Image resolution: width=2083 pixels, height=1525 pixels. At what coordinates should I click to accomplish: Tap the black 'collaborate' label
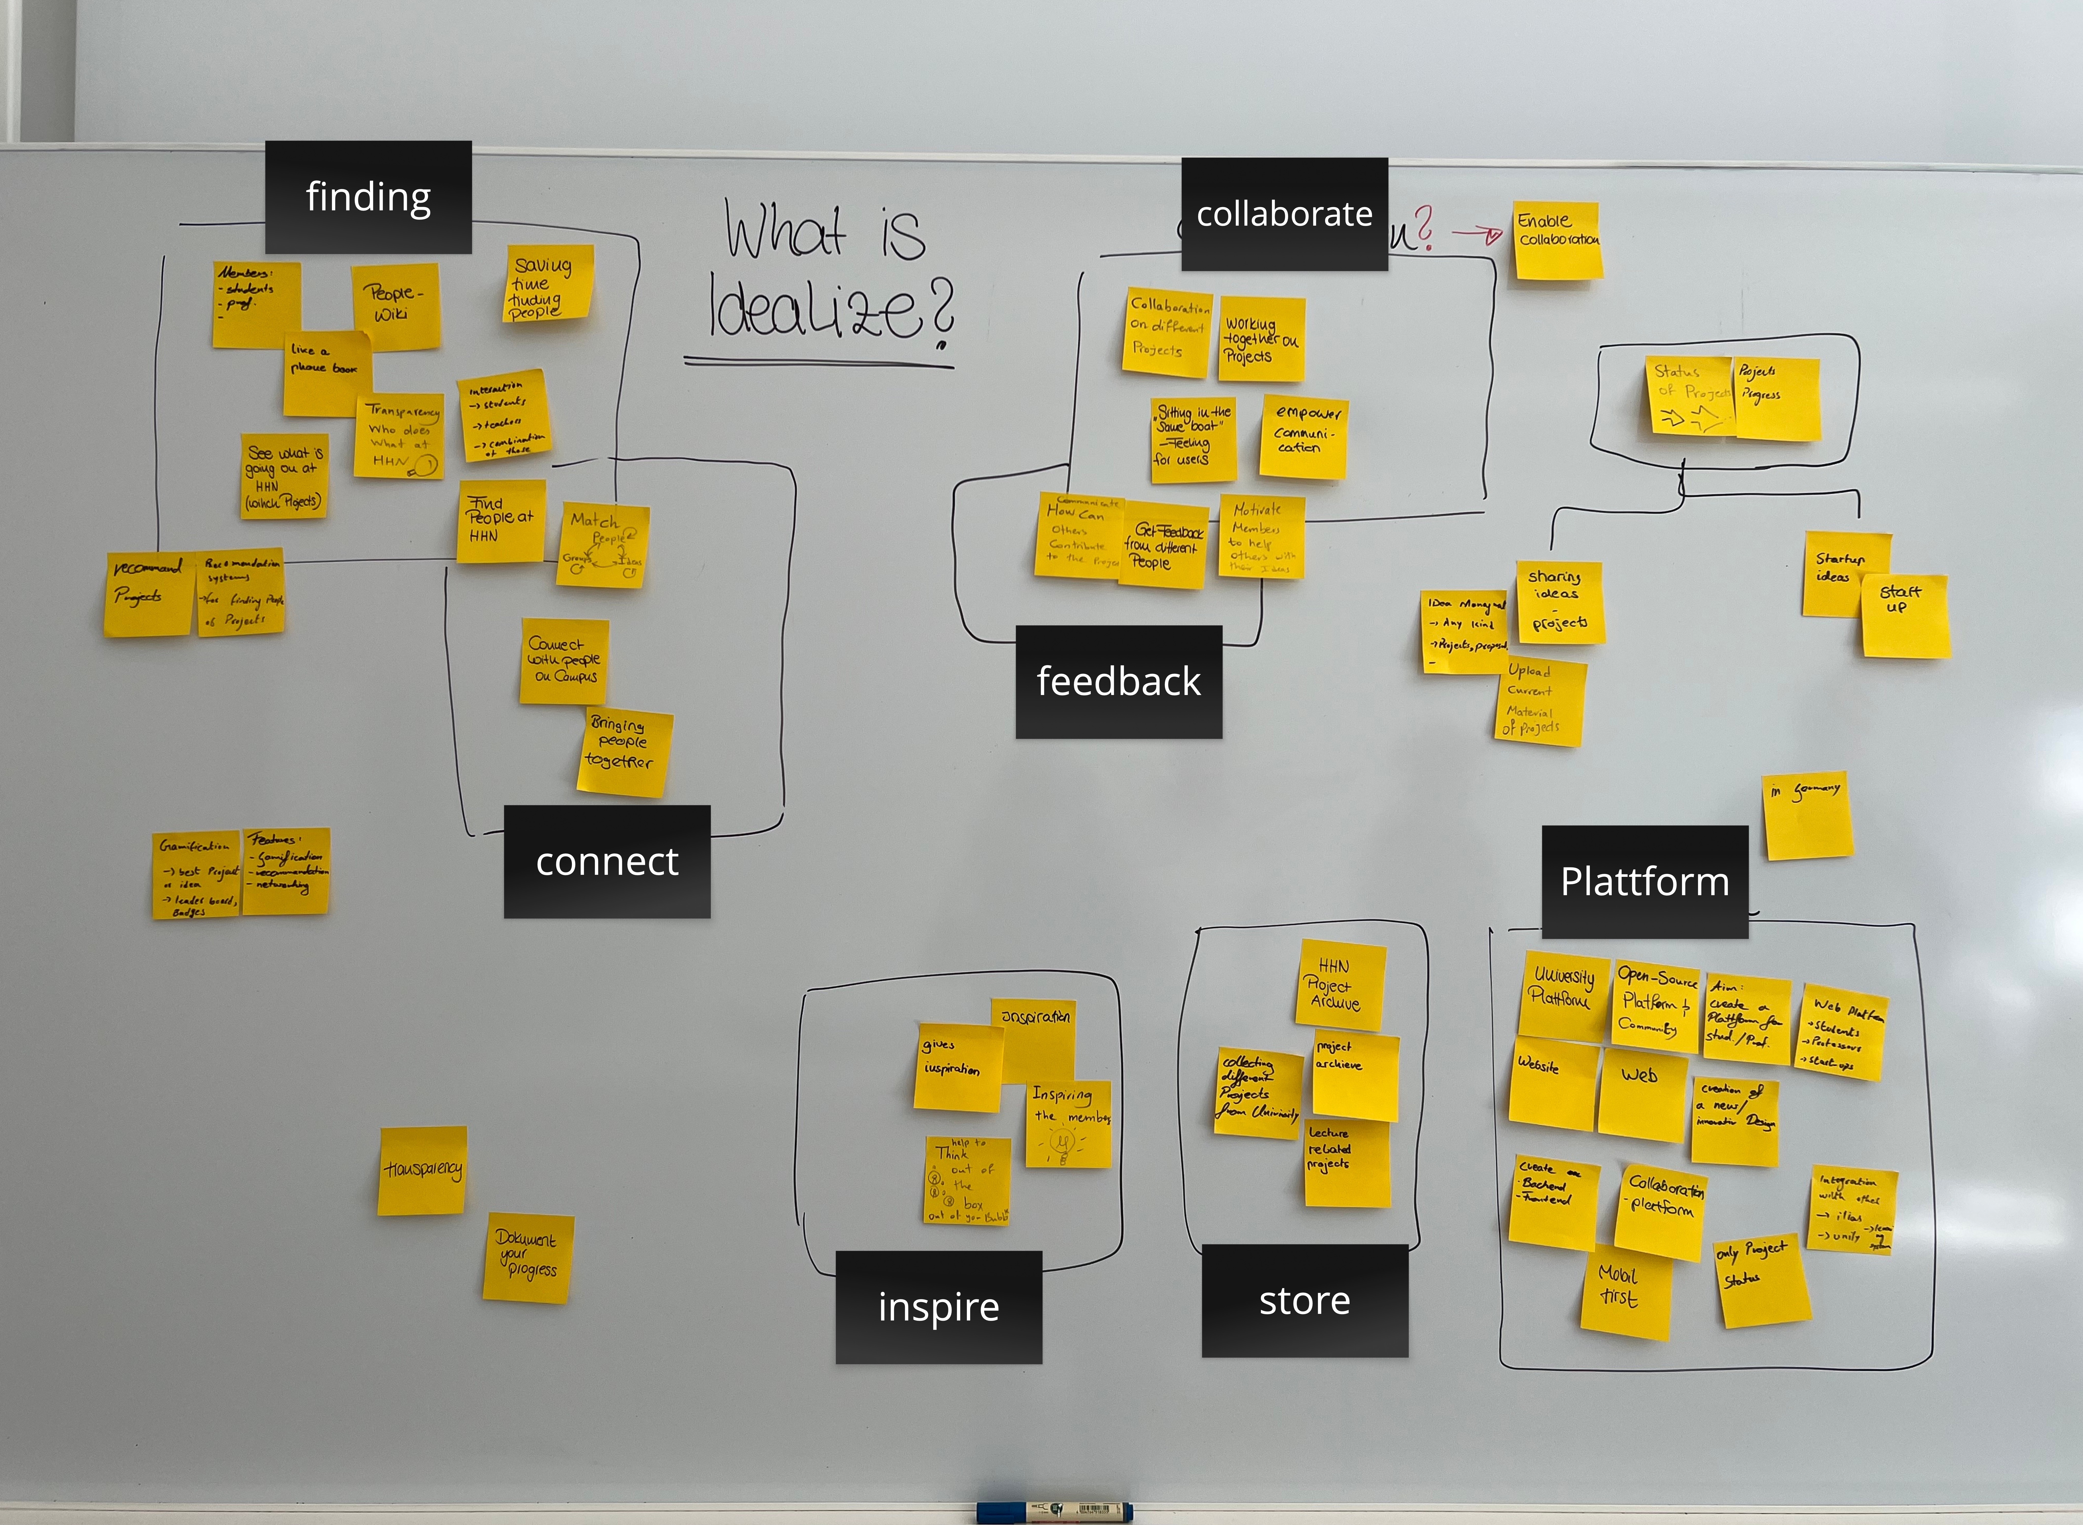click(1284, 214)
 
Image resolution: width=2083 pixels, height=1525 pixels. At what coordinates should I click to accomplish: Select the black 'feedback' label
click(1119, 681)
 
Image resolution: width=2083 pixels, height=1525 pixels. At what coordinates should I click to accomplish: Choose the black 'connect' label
click(606, 861)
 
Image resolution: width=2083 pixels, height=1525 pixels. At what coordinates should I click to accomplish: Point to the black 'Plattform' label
click(1645, 882)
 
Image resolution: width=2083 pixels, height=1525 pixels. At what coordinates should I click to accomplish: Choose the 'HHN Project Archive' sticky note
click(1340, 984)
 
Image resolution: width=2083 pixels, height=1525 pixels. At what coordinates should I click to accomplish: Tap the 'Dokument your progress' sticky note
click(528, 1256)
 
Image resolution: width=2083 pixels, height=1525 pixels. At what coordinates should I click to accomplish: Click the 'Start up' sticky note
click(1905, 616)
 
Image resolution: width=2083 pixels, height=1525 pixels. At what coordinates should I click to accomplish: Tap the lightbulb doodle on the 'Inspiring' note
click(1063, 1146)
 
